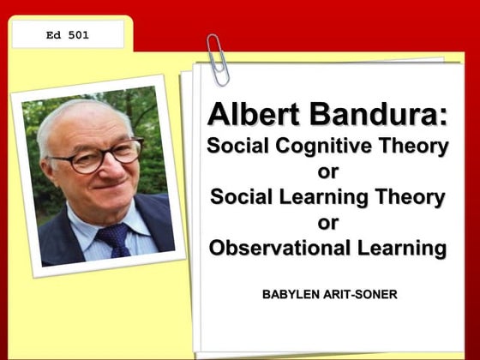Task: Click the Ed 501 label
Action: tap(68, 35)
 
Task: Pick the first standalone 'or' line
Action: tap(328, 171)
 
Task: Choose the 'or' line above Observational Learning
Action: tap(328, 223)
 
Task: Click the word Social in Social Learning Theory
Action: tap(242, 197)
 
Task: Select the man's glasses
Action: tap(97, 155)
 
